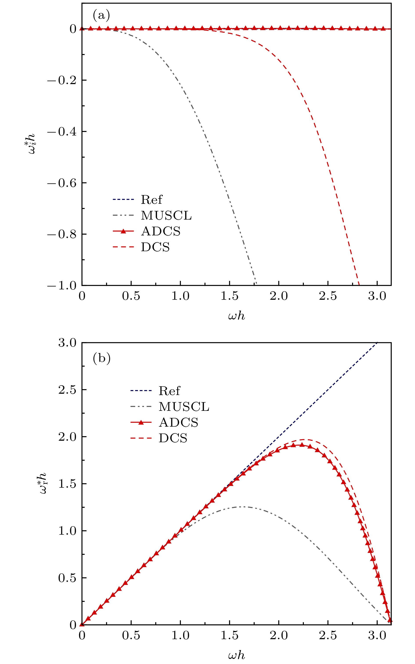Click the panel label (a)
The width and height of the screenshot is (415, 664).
pos(101,16)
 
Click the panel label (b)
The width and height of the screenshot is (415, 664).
pos(101,358)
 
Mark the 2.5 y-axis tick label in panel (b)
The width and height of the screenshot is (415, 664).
pos(67,390)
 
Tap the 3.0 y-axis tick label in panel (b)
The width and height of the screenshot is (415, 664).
pos(67,343)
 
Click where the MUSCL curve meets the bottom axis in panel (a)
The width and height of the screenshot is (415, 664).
pos(256,285)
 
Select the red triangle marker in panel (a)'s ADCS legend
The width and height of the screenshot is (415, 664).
pos(123,231)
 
